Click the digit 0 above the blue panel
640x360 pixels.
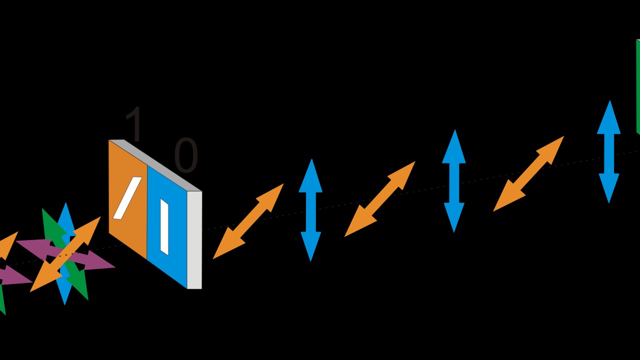click(186, 155)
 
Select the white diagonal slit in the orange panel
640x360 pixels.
click(127, 198)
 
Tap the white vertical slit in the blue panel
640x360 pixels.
click(164, 226)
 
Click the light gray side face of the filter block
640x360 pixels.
click(194, 240)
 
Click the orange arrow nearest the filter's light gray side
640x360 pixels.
click(248, 221)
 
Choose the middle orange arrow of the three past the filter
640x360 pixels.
click(379, 199)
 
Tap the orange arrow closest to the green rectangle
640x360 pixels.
click(528, 173)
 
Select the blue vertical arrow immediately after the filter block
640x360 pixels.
click(310, 210)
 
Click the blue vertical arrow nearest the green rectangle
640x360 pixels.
click(608, 151)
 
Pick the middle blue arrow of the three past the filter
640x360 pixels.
click(454, 181)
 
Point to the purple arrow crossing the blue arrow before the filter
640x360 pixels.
click(100, 262)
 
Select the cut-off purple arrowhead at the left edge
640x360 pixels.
click(15, 276)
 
